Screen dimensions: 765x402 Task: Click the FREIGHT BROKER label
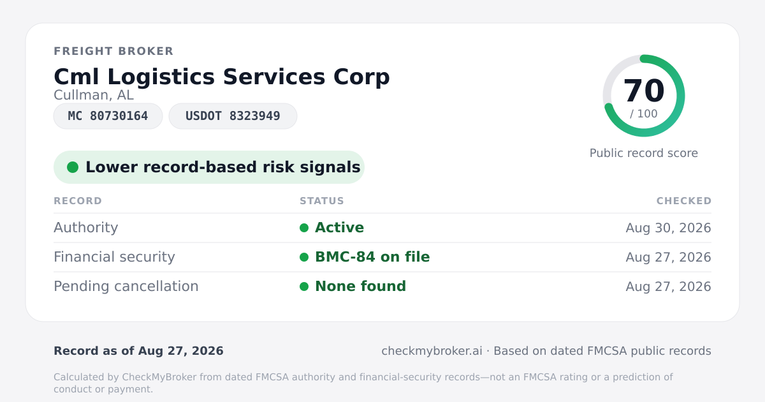click(113, 51)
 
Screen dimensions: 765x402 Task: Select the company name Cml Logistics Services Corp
click(222, 77)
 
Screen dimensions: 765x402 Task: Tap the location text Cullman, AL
click(94, 95)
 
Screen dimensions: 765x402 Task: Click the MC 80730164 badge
click(108, 116)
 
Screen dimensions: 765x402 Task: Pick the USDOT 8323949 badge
click(233, 116)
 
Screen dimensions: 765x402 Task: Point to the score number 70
click(644, 91)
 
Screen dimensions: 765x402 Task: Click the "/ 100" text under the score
click(644, 114)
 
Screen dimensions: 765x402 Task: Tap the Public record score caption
click(644, 153)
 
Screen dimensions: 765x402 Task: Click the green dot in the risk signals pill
click(73, 167)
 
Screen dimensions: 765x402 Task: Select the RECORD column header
click(78, 200)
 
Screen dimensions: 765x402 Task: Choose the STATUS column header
click(322, 200)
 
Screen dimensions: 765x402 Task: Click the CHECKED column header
click(684, 200)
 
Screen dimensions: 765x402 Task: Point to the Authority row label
click(85, 228)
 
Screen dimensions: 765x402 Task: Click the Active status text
click(339, 228)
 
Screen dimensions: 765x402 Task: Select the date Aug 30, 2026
click(668, 228)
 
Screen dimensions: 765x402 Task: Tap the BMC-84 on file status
click(372, 257)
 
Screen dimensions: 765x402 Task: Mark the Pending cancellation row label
click(126, 287)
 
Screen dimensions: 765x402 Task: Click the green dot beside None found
click(304, 287)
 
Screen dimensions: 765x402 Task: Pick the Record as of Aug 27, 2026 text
click(139, 351)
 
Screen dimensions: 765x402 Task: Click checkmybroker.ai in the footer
click(432, 351)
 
